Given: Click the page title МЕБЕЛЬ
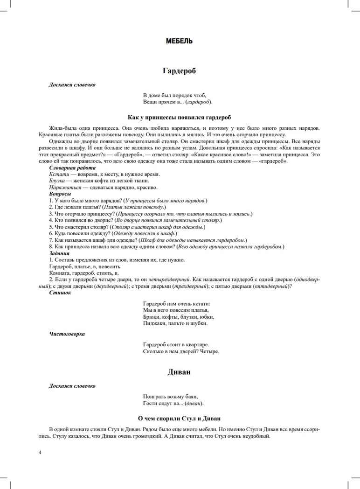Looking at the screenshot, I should point(180,42).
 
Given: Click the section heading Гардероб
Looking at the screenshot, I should point(180,71).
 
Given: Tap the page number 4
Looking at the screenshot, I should point(41,452).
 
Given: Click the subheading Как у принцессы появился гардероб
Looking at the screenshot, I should point(180,117).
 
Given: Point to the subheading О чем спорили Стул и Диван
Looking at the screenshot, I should point(180,418).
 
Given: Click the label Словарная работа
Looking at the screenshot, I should point(72,168).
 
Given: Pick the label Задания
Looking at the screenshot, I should point(59,253).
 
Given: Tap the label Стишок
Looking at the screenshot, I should point(60,293).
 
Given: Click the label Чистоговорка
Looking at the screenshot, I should point(67,334).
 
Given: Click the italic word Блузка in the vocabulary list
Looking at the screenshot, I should point(57,181).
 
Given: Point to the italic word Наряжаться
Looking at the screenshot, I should point(64,187).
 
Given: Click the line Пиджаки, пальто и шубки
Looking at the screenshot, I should point(175,323).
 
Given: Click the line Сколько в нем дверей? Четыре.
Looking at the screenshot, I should point(180,351).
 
